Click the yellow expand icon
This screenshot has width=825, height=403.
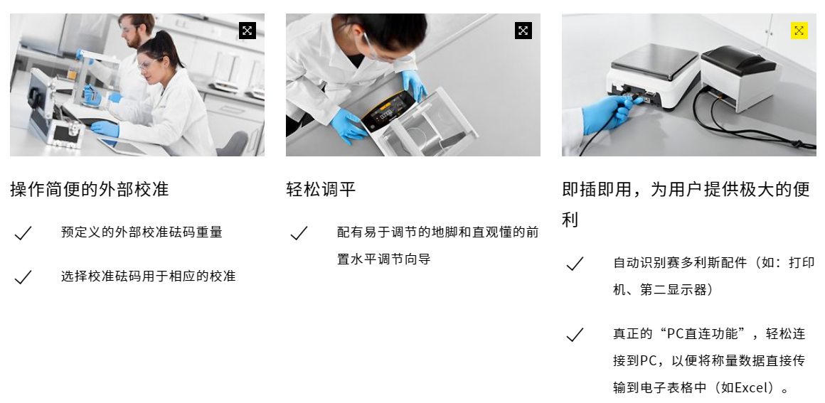point(799,31)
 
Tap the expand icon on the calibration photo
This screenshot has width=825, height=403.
point(247,31)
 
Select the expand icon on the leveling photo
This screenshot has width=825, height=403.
point(523,31)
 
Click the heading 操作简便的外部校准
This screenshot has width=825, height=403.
point(90,189)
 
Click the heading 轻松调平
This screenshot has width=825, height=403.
point(321,189)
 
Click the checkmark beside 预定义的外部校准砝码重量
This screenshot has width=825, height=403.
point(23,233)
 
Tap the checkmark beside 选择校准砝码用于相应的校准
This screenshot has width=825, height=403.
point(23,276)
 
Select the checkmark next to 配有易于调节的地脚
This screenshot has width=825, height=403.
point(299,233)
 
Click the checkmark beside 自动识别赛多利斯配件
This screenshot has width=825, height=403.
point(575,264)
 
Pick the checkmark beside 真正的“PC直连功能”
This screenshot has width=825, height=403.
point(575,335)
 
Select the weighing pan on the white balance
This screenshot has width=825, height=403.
point(654,60)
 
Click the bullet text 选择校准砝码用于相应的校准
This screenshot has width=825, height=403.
point(149,276)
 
